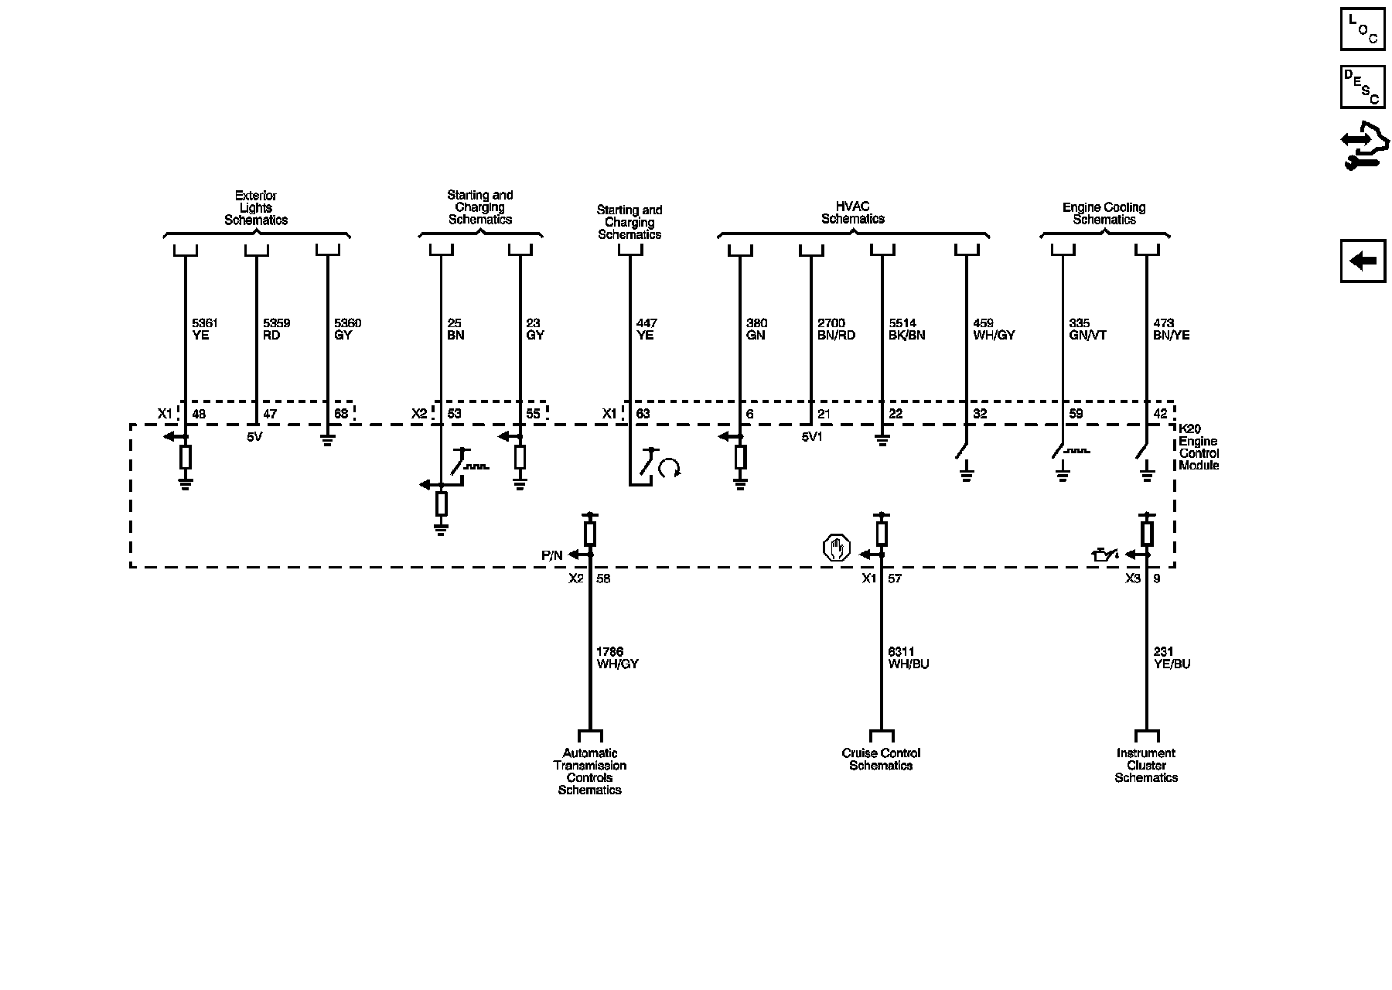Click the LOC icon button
(x=1362, y=28)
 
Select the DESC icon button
(x=1362, y=87)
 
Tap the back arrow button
(x=1363, y=261)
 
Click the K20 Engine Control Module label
(x=1198, y=447)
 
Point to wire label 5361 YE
(x=200, y=329)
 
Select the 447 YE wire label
(x=646, y=329)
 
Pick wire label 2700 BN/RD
(x=836, y=329)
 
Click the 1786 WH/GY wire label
(x=616, y=658)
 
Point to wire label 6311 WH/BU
(x=908, y=658)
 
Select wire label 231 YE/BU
(x=1172, y=658)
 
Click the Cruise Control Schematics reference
(x=881, y=760)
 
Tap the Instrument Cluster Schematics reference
(x=1146, y=766)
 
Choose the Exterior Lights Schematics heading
(x=256, y=208)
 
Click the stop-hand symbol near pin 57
(x=836, y=548)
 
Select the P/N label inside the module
(x=552, y=555)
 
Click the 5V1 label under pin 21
(x=813, y=436)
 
